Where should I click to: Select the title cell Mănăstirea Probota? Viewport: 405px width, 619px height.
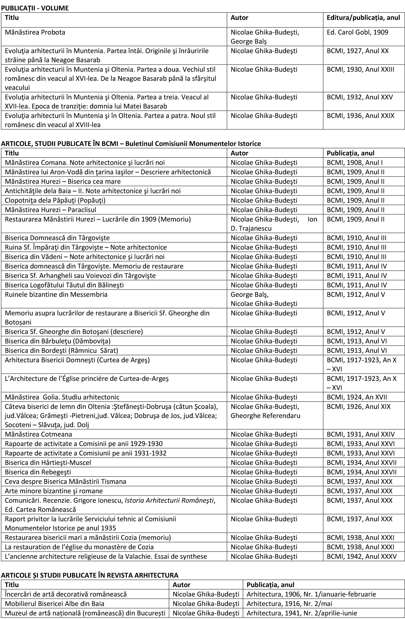(x=35, y=32)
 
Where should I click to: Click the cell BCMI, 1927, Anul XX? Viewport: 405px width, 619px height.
(x=357, y=51)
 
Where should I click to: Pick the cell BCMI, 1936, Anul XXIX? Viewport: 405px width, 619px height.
(x=360, y=116)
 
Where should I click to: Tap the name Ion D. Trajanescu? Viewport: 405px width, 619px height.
(x=273, y=224)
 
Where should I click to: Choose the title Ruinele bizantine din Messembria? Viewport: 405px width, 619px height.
(x=56, y=295)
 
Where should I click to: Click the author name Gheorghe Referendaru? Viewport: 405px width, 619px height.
(x=265, y=416)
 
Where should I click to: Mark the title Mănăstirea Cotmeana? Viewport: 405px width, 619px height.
(x=38, y=434)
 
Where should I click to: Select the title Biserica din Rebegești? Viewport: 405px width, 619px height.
(x=38, y=472)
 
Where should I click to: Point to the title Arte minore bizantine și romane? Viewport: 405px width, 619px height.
(x=54, y=491)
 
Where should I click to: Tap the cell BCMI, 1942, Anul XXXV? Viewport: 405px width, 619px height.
(x=361, y=556)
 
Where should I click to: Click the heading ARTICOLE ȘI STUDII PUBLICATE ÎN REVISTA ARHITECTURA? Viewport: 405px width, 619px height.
(x=90, y=575)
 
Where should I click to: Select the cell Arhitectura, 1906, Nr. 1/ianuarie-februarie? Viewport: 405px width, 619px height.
(x=311, y=594)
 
